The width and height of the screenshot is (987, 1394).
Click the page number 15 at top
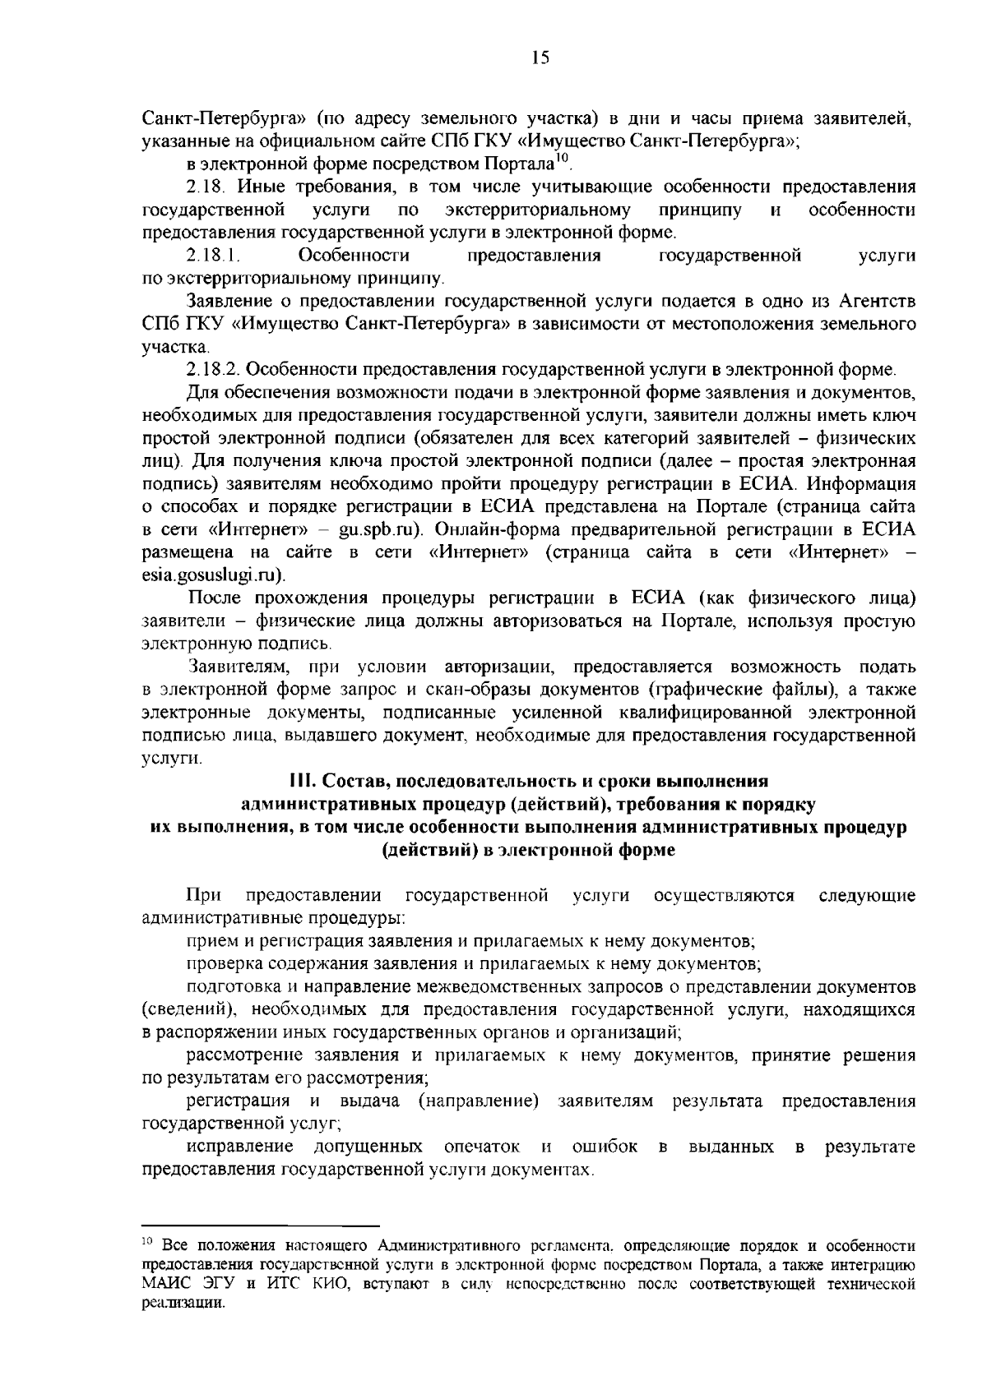(540, 58)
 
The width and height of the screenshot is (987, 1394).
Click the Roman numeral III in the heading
(299, 780)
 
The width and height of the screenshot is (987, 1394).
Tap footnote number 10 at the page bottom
(148, 1242)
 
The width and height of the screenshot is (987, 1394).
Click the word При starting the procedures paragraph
(201, 895)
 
